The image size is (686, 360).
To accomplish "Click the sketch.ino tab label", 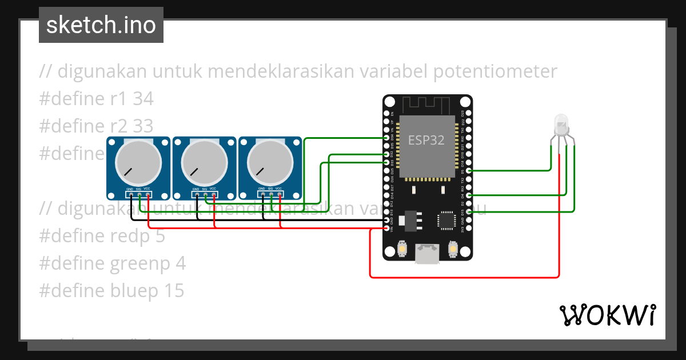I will (x=101, y=25).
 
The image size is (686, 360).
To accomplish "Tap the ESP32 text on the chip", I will (x=426, y=140).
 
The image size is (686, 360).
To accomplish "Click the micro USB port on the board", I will (x=427, y=253).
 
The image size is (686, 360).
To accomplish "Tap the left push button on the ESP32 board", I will (x=402, y=250).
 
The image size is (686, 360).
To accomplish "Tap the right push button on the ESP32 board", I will (x=453, y=250).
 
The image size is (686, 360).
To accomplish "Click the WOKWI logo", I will (x=607, y=315).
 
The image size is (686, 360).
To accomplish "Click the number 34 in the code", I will (x=143, y=99).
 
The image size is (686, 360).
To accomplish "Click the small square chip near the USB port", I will (x=446, y=221).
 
